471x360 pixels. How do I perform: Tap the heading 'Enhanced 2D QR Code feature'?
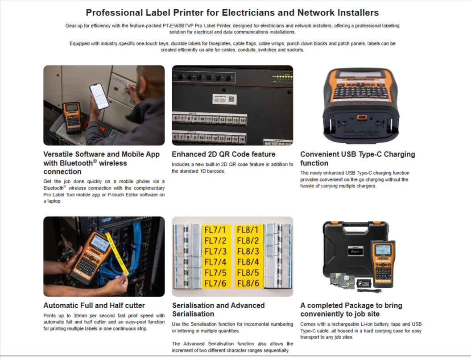223,154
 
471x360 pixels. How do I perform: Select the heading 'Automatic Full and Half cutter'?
94,305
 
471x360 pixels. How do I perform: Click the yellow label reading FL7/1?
215,230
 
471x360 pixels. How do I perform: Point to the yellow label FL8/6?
248,283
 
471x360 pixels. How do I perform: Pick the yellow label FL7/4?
215,262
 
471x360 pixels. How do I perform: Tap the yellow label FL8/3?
248,251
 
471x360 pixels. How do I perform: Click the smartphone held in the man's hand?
99,96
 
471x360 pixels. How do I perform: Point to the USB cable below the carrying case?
369,290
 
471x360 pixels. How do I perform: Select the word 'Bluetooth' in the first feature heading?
76,163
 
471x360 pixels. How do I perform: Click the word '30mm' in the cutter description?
82,315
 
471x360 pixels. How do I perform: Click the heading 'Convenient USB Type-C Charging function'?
358,159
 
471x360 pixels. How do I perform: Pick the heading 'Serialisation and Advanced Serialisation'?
219,310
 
